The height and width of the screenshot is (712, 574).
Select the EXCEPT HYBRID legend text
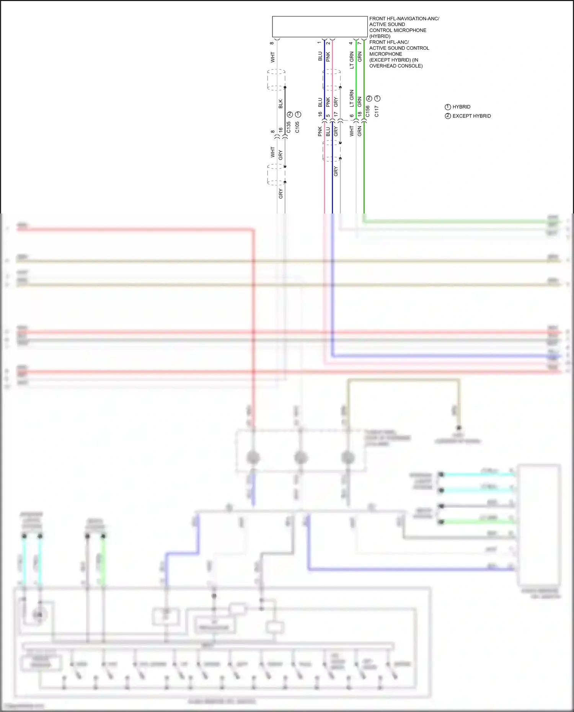[471, 116]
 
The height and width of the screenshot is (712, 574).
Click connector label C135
[289, 127]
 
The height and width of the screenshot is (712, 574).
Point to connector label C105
[297, 127]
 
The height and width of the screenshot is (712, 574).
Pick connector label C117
[377, 111]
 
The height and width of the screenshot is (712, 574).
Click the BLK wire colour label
[280, 104]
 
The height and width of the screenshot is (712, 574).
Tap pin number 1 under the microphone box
[319, 42]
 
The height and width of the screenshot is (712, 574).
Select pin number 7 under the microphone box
[360, 43]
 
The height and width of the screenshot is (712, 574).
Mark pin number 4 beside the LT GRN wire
[351, 43]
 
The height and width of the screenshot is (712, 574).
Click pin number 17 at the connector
[336, 114]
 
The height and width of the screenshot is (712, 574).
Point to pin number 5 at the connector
[328, 116]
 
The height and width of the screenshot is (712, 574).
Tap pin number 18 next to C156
[360, 114]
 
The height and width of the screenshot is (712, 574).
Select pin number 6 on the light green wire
[352, 116]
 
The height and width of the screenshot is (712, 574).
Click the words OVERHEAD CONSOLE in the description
[396, 66]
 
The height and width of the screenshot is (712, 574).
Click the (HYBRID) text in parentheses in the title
[380, 36]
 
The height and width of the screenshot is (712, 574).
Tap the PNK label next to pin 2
[328, 57]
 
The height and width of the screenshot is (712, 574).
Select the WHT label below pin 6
[352, 131]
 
